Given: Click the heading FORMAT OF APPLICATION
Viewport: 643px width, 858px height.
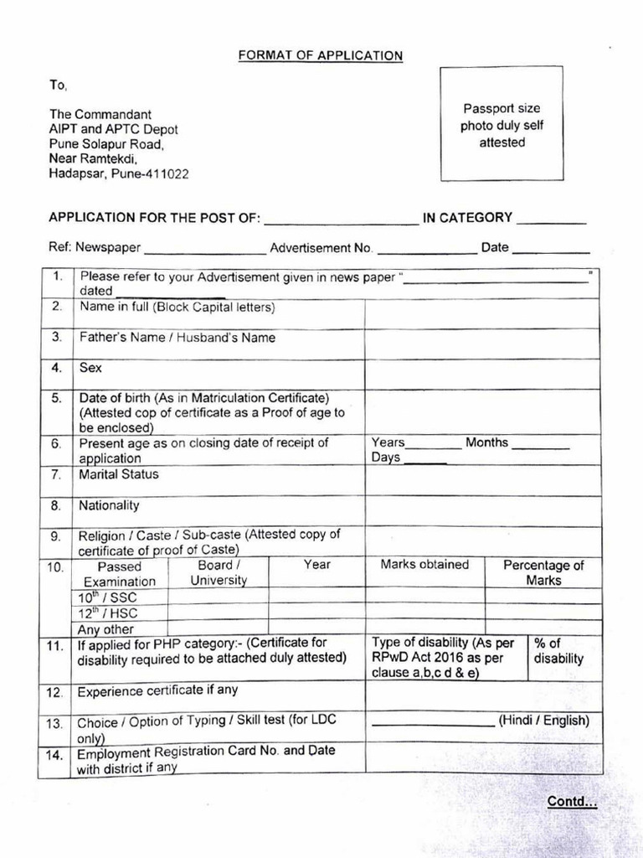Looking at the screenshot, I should click(x=321, y=56).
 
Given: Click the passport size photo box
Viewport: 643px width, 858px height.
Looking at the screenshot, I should click(x=502, y=125).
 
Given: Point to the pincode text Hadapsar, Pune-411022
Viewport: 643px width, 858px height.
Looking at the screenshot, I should click(x=118, y=174).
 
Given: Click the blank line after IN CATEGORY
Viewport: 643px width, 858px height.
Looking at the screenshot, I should click(x=551, y=221).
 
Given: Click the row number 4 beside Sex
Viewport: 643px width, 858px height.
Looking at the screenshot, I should click(x=57, y=368).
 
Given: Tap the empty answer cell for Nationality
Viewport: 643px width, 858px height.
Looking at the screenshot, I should click(x=482, y=511).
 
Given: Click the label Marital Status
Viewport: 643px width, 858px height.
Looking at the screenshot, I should click(x=119, y=474).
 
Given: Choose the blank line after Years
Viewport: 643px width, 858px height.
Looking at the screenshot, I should click(x=434, y=445).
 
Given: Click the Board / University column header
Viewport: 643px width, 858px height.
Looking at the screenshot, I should click(x=219, y=573).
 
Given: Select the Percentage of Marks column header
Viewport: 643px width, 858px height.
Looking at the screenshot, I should click(x=543, y=573).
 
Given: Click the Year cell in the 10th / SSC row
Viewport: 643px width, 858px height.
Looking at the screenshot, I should click(x=316, y=597).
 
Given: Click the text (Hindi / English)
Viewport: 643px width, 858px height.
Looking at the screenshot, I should click(x=544, y=721).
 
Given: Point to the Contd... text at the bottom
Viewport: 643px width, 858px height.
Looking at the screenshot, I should click(x=572, y=802).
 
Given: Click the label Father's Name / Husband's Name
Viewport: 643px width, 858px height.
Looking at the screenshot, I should click(x=177, y=339).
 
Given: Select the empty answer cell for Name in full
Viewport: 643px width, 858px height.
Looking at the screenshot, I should click(x=482, y=313).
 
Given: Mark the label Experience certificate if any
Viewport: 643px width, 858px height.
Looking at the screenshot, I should click(x=158, y=691).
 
